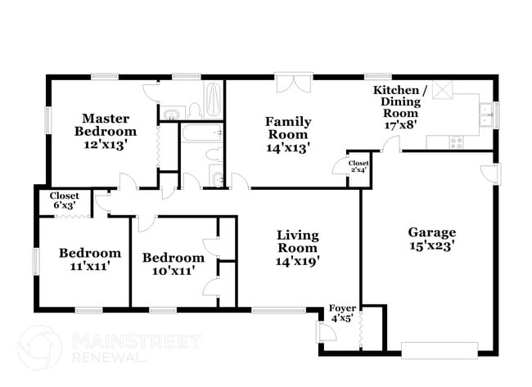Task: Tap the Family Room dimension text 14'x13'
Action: (287, 148)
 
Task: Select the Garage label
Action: (432, 232)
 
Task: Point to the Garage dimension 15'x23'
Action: (432, 245)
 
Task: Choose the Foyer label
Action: (343, 308)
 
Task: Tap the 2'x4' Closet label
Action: (358, 163)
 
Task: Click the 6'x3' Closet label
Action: (64, 196)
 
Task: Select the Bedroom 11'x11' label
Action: (90, 253)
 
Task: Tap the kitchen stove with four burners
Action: (456, 142)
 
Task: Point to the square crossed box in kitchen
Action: (443, 90)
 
